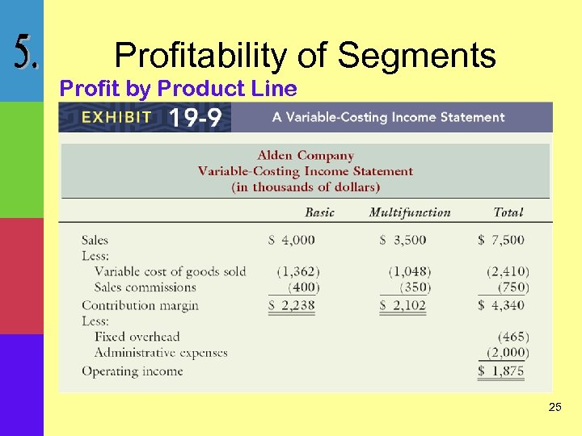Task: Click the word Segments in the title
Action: (x=416, y=56)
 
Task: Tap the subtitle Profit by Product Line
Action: (x=179, y=88)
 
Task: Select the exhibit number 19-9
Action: (x=195, y=118)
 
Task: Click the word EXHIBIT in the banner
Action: (x=116, y=117)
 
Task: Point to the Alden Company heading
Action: (x=306, y=155)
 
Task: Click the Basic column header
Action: (x=319, y=212)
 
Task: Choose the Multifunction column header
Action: (x=410, y=212)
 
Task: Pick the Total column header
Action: (x=508, y=212)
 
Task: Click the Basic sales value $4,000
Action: (x=292, y=240)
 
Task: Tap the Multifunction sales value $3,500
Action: (x=403, y=240)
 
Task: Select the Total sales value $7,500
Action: (x=501, y=240)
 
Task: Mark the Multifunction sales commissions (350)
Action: (x=415, y=287)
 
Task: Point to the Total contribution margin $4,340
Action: (x=501, y=305)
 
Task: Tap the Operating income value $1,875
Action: (x=501, y=371)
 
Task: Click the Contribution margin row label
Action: (x=140, y=305)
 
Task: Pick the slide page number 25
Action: (x=555, y=408)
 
